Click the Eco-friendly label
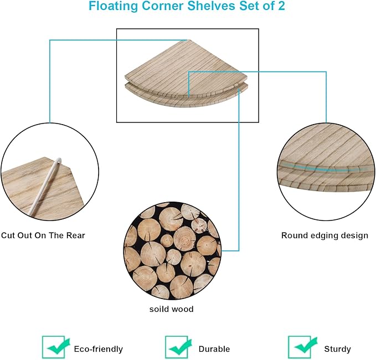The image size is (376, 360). [98, 349]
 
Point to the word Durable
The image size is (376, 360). [214, 349]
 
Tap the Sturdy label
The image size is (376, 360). [337, 349]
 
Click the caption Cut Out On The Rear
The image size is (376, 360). [43, 235]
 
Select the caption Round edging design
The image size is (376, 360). [325, 235]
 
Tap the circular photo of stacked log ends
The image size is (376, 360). [173, 250]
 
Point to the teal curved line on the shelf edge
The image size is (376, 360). [321, 168]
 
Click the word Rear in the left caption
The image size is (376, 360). [75, 235]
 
